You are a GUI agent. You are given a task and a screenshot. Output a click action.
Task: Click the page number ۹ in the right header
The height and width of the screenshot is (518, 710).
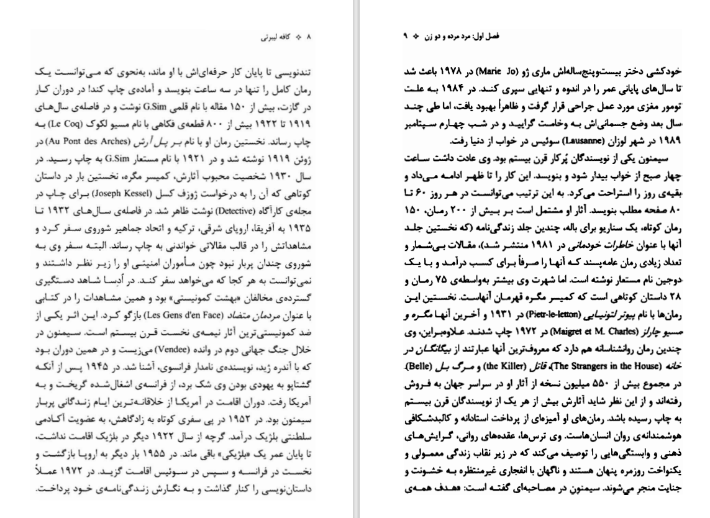pyautogui.click(x=405, y=37)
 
